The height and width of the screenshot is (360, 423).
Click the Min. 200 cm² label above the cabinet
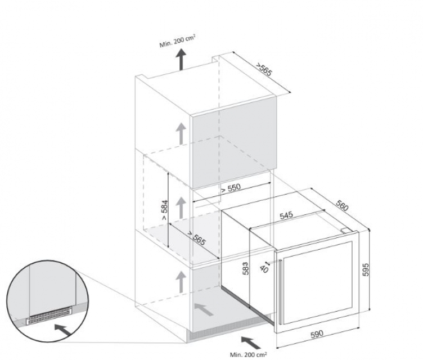pyautogui.click(x=177, y=41)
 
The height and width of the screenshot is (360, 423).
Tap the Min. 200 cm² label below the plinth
pyautogui.click(x=249, y=354)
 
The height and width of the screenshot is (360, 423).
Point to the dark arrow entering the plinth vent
pyautogui.click(x=251, y=343)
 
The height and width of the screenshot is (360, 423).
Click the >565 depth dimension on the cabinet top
pyautogui.click(x=264, y=69)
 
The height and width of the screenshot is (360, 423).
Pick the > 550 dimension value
pyautogui.click(x=231, y=188)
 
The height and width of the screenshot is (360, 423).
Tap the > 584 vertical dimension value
pyautogui.click(x=164, y=210)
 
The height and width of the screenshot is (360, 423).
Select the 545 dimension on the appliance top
pyautogui.click(x=286, y=215)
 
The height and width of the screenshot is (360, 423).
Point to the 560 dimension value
pyautogui.click(x=343, y=205)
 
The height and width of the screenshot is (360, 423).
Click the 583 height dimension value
pyautogui.click(x=245, y=268)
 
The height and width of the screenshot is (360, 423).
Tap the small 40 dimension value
pyautogui.click(x=264, y=269)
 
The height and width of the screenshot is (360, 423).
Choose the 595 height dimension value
pyautogui.click(x=365, y=269)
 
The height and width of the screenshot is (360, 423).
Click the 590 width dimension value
pyautogui.click(x=317, y=334)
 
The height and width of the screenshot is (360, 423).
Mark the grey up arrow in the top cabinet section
pyautogui.click(x=181, y=133)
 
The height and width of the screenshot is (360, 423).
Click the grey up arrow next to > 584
pyautogui.click(x=181, y=208)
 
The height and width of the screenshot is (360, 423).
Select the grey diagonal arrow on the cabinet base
pyautogui.click(x=204, y=309)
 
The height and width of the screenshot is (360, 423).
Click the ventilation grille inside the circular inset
pyautogui.click(x=49, y=316)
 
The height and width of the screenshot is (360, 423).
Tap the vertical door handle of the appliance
pyautogui.click(x=281, y=292)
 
